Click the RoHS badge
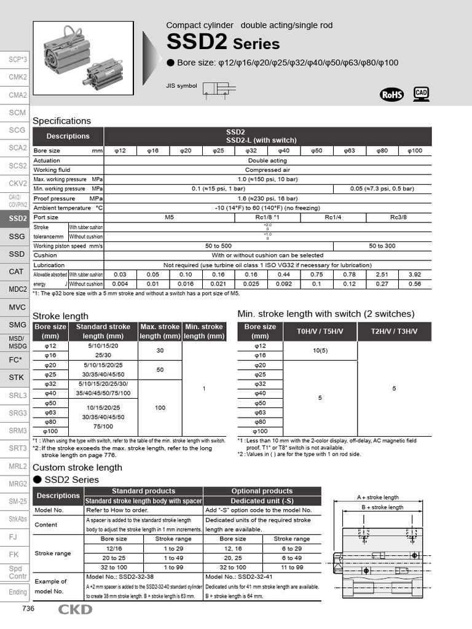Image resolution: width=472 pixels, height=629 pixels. click(x=392, y=94)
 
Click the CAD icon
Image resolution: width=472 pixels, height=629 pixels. click(x=421, y=93)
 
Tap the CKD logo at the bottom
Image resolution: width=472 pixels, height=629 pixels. click(x=76, y=609)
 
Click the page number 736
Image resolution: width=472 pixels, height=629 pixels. click(x=28, y=609)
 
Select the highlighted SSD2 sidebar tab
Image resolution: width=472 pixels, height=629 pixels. click(x=17, y=219)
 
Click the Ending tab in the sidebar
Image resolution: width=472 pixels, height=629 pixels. click(x=17, y=592)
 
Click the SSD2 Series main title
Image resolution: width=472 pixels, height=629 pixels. click(x=223, y=43)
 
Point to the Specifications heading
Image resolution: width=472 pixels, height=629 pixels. click(x=61, y=121)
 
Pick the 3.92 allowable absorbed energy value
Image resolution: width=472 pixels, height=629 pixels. click(x=415, y=275)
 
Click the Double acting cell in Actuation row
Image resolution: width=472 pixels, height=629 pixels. click(x=267, y=160)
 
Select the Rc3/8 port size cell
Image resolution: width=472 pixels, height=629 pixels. click(x=399, y=217)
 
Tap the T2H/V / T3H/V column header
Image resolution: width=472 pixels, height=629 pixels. click(x=394, y=332)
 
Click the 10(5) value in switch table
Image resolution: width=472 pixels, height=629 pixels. click(x=320, y=350)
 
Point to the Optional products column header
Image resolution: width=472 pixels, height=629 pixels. click(x=262, y=491)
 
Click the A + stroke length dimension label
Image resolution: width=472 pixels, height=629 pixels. click(x=377, y=497)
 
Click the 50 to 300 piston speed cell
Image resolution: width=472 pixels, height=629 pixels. click(x=399, y=246)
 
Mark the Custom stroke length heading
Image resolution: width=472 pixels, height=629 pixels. click(x=77, y=467)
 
